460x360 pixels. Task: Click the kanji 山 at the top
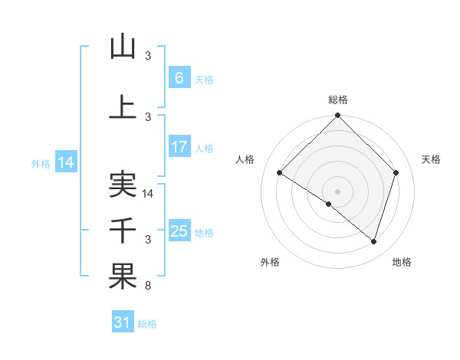123,47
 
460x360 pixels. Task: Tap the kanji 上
123,107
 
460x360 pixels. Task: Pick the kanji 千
123,231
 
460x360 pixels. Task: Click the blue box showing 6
179,78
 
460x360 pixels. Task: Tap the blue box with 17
179,147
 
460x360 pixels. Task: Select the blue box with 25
179,231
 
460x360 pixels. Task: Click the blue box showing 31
123,323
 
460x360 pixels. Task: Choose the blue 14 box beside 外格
65,162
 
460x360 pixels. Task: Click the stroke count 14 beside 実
149,194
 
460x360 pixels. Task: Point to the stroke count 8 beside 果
149,286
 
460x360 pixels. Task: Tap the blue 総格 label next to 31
147,324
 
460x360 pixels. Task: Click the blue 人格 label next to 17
204,148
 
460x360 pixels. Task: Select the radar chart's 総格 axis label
337,100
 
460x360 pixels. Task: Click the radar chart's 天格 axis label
431,159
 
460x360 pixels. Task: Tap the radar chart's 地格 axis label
402,262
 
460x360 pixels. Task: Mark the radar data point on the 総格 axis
337,116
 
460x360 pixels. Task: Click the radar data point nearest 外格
329,204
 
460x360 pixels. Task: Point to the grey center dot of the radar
337,190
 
